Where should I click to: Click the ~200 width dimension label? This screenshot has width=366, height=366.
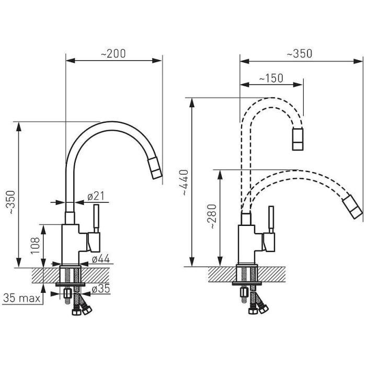(x=113, y=53)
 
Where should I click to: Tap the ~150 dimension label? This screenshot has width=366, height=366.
(x=271, y=78)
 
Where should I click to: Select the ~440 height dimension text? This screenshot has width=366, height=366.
(x=185, y=182)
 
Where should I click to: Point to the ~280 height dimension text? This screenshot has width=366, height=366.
(x=213, y=216)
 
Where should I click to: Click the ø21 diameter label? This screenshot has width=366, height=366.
(x=96, y=196)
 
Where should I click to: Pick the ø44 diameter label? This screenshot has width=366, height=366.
(x=101, y=259)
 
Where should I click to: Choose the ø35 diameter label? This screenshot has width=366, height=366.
(x=101, y=289)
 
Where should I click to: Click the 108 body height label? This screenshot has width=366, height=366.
(x=35, y=246)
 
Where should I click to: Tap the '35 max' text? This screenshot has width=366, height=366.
(x=22, y=298)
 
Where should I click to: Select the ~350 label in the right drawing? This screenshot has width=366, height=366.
(x=299, y=53)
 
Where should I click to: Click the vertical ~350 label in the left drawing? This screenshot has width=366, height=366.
(x=11, y=202)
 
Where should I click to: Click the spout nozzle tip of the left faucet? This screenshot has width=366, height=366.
(x=155, y=168)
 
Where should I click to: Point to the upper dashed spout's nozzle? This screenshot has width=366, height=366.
(x=298, y=139)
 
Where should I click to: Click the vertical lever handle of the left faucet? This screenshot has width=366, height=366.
(x=96, y=219)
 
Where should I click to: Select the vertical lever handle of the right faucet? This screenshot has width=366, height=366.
(x=271, y=220)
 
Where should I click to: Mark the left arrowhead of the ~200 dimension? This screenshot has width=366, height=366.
(x=71, y=61)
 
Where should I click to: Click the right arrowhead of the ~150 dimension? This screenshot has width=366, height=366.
(x=298, y=85)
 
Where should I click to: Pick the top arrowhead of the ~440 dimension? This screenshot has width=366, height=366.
(x=192, y=102)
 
